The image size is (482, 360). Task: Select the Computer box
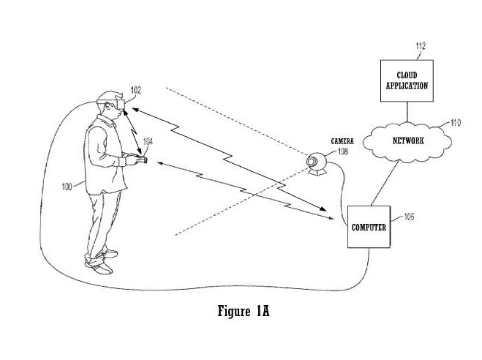coord(369,227)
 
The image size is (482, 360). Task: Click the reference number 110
coord(455,123)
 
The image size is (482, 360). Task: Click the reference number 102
coord(135,90)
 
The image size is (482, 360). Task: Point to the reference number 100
coord(67,187)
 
